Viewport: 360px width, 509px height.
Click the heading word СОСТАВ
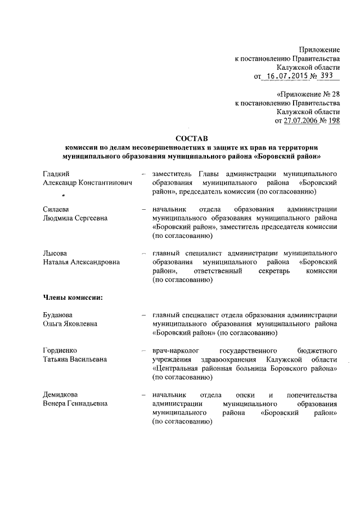(191, 137)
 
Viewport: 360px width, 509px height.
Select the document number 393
(327, 76)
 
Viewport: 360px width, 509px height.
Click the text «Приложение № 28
(308, 94)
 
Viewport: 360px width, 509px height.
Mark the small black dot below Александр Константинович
(64, 196)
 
